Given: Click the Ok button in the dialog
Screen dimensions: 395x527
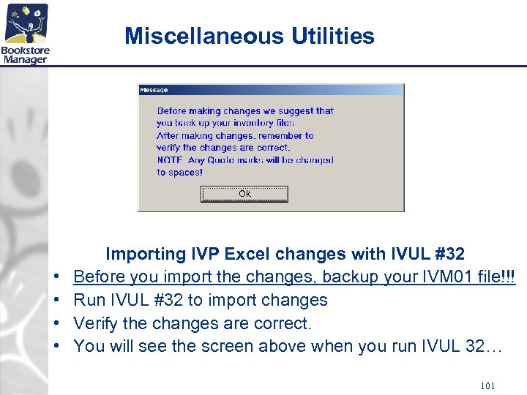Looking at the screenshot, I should point(244,194).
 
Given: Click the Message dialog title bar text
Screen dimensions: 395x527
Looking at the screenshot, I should point(154,90).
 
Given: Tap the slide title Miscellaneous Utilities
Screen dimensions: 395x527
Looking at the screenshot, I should point(250,36).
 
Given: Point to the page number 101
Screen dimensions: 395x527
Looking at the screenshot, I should point(489,385).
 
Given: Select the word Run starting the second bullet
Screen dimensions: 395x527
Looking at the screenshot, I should point(89,300).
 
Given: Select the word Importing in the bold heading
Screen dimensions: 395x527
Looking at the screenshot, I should point(146,254).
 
